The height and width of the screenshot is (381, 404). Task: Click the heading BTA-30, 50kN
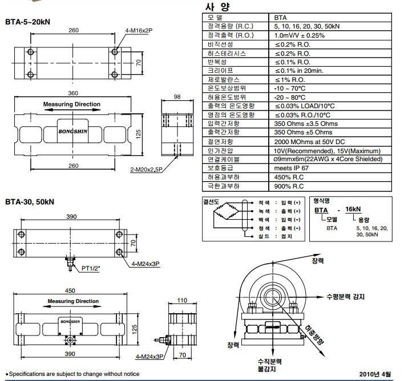click(30, 202)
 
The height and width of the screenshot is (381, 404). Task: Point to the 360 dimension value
click(73, 93)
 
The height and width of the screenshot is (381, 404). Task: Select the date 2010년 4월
click(377, 374)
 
